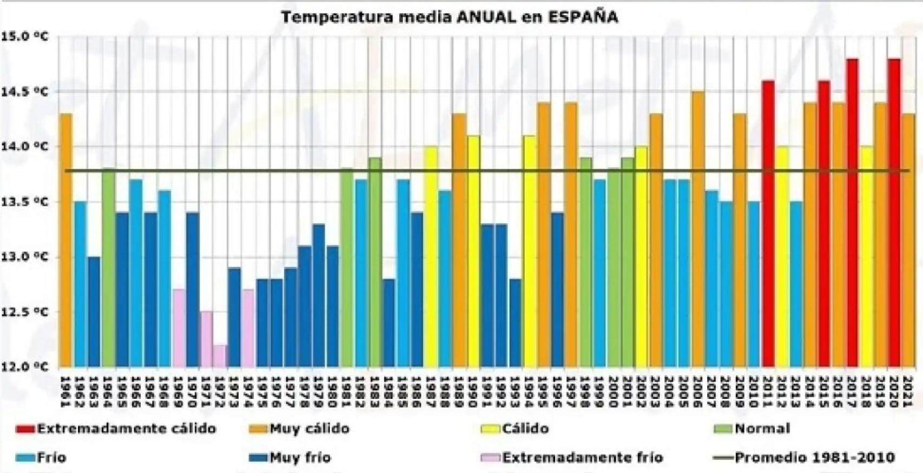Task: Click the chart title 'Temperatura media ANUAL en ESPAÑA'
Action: (449, 17)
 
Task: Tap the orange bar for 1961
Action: (66, 241)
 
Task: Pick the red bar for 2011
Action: (768, 224)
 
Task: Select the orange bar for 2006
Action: (698, 229)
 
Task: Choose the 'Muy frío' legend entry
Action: (300, 457)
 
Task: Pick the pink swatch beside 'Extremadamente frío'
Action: (490, 457)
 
